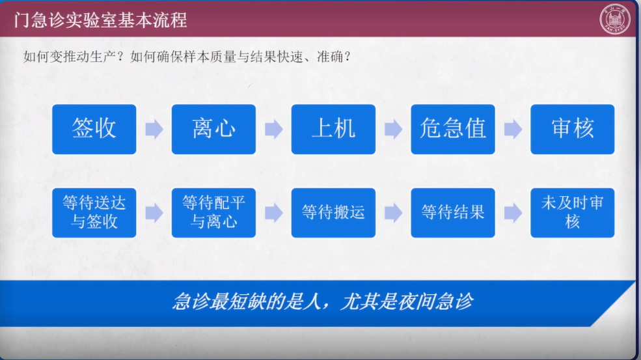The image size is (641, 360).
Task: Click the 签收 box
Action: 94,130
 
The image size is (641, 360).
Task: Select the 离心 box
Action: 213,130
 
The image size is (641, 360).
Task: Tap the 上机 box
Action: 333,130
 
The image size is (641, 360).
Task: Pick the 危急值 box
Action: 453,130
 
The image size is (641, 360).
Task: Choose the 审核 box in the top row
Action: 572,130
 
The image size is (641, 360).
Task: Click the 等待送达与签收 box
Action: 94,213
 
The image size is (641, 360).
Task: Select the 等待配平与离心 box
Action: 213,213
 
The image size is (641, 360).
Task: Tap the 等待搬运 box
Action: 333,213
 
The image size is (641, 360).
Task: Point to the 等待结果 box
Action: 453,213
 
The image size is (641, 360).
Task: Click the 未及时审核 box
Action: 572,213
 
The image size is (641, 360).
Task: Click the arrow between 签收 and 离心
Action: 154,130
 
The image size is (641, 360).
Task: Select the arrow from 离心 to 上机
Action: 274,130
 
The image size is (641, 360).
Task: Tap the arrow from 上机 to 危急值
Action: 393,130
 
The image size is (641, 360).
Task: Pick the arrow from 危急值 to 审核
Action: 513,130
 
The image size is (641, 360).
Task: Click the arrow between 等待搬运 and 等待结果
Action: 393,213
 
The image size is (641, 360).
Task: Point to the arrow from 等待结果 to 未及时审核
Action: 513,213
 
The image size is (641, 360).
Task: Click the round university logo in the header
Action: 615,19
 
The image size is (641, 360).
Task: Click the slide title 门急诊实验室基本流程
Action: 101,20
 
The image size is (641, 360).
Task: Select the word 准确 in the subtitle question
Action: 330,57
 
